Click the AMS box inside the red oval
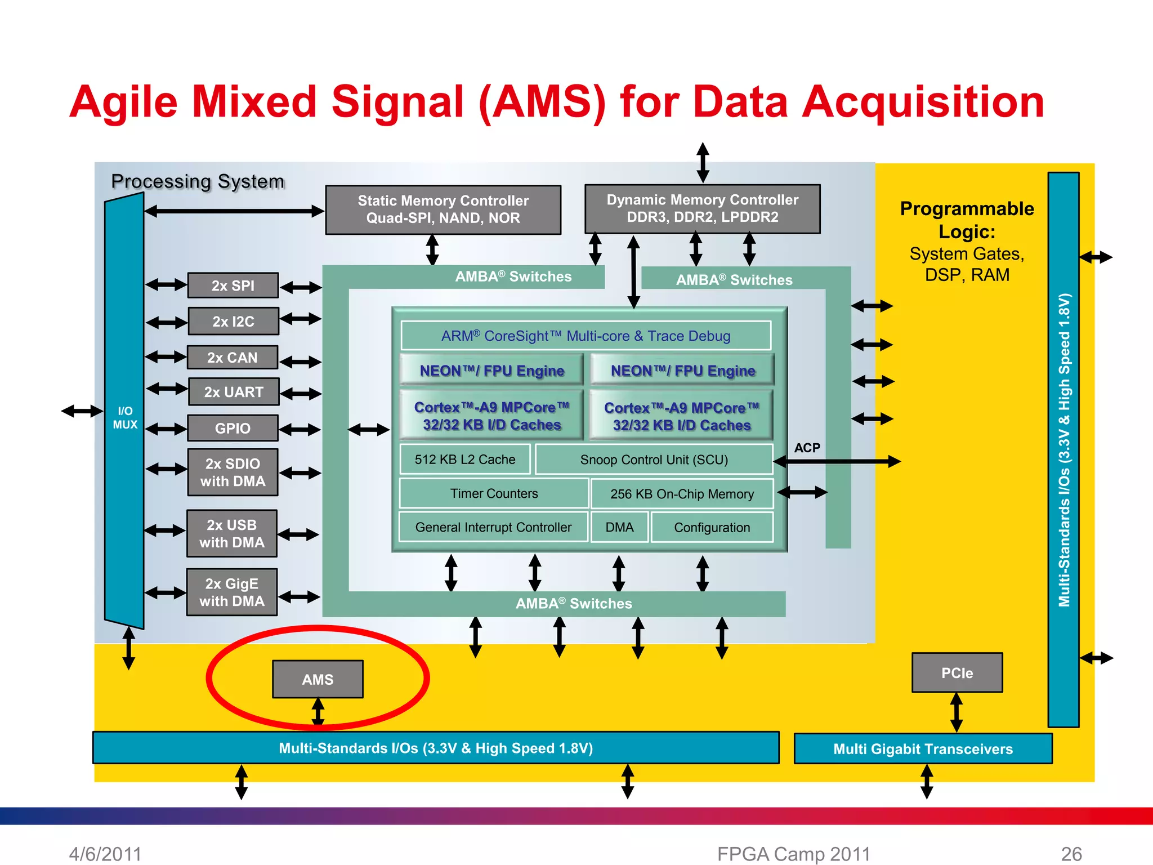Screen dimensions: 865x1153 (x=318, y=679)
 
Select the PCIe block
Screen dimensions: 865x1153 (x=957, y=672)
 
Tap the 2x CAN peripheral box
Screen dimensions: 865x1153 (x=233, y=358)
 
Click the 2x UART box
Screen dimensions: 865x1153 (x=233, y=392)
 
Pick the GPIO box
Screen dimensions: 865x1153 (x=233, y=428)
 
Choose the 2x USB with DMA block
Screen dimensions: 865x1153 (x=232, y=533)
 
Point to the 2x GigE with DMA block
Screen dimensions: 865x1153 (x=232, y=592)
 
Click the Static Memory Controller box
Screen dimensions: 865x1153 (x=443, y=209)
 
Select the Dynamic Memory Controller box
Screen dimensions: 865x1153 (x=702, y=209)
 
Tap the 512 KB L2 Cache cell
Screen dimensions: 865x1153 (x=465, y=460)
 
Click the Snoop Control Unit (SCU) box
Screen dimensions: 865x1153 (x=654, y=460)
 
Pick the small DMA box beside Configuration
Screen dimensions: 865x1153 (x=619, y=527)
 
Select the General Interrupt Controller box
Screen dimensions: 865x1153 (x=493, y=527)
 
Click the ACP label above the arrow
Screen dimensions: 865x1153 (x=807, y=448)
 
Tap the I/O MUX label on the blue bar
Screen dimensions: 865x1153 (x=125, y=418)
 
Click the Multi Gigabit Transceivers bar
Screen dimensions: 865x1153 (x=923, y=748)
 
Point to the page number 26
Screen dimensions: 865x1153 (x=1071, y=854)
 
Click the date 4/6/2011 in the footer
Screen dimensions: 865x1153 (x=105, y=854)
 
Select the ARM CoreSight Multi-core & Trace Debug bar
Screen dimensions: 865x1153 (x=586, y=336)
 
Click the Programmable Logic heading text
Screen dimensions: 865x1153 (x=967, y=220)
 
